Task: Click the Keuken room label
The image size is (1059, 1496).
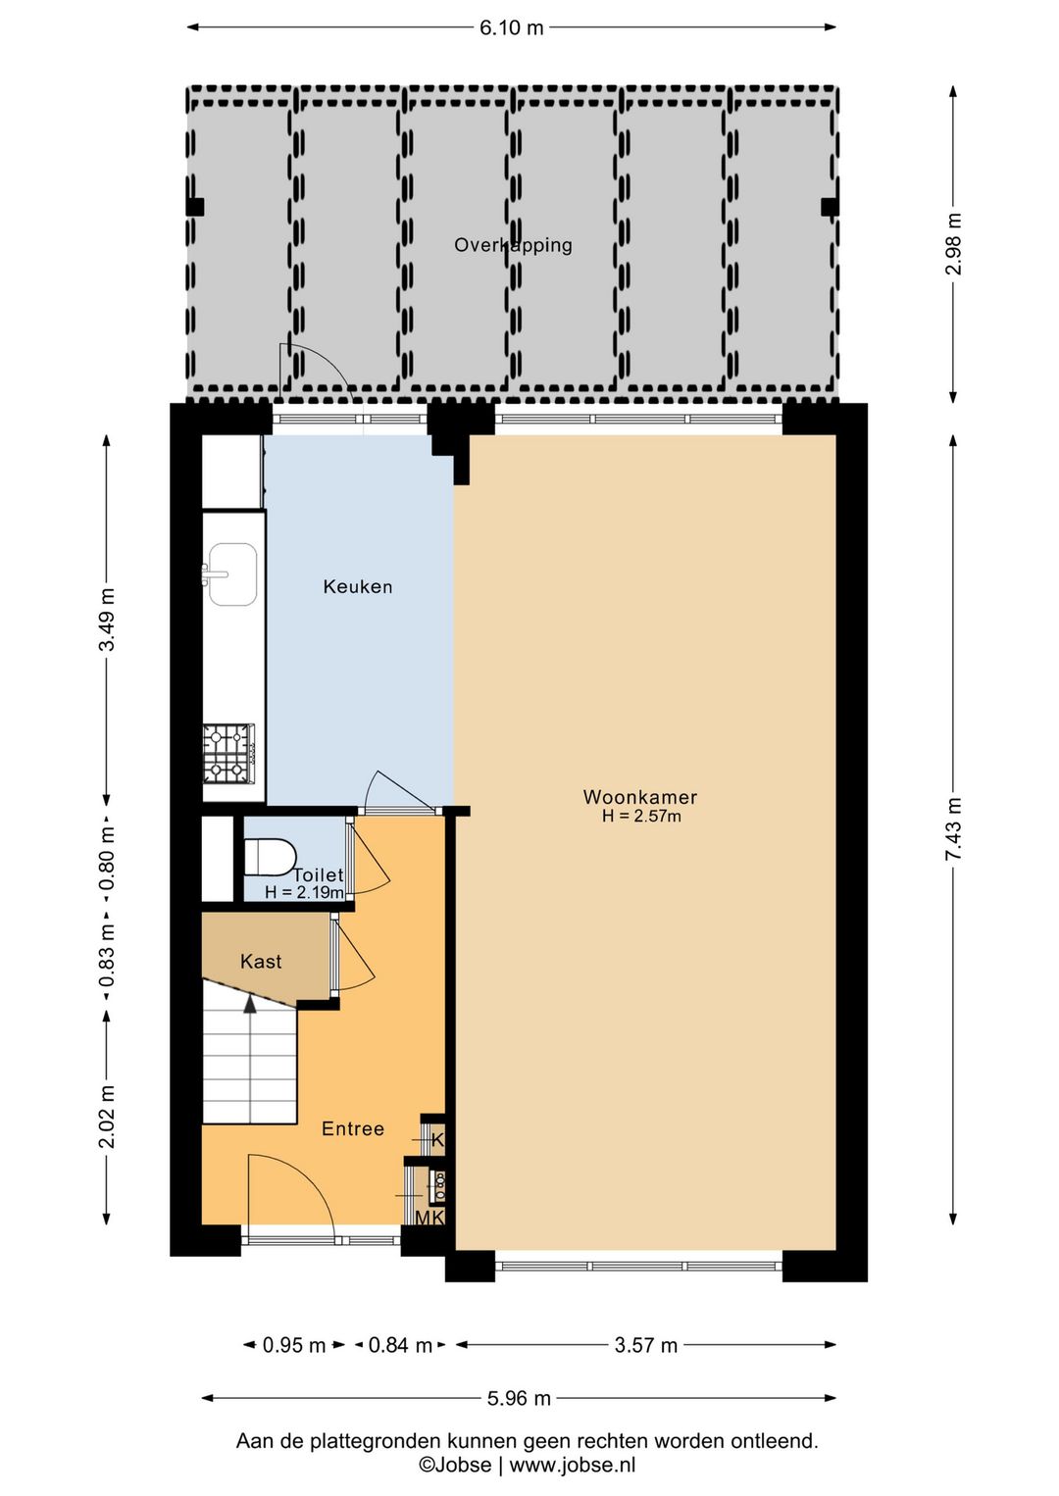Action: click(358, 587)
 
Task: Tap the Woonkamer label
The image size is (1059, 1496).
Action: click(640, 797)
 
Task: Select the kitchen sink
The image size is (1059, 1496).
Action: click(231, 574)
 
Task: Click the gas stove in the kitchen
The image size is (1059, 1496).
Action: click(229, 753)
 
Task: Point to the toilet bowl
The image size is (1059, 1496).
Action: click(271, 857)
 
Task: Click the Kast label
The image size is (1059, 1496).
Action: click(261, 962)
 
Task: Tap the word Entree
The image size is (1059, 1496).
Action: click(353, 1128)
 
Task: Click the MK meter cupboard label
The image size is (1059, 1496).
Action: click(429, 1219)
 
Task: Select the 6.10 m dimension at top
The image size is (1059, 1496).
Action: click(512, 28)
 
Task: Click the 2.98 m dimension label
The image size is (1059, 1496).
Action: click(953, 244)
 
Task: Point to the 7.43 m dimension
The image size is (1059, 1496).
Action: click(953, 828)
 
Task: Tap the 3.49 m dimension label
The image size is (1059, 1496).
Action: click(107, 620)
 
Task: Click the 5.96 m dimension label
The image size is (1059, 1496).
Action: click(519, 1399)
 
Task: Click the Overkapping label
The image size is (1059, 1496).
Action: click(513, 245)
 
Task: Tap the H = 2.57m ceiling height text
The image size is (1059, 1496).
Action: click(641, 816)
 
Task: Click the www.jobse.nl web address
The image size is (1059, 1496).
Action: click(573, 1460)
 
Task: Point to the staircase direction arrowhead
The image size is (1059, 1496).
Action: click(250, 1004)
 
